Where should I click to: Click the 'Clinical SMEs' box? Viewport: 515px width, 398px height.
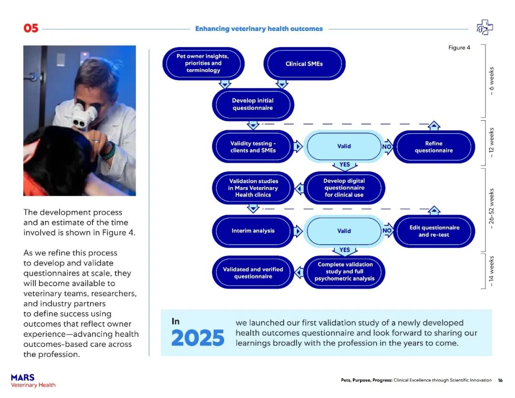[304, 63]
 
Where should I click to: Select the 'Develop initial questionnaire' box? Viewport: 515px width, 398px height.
[253, 105]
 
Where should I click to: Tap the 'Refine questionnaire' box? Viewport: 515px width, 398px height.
[433, 147]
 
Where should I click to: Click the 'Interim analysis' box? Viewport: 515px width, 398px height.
[253, 231]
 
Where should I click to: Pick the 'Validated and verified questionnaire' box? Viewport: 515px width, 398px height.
[253, 272]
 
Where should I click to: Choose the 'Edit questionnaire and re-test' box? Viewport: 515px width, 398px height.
[433, 231]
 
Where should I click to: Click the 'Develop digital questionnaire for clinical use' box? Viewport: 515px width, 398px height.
[344, 188]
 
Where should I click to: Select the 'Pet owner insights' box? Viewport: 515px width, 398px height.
[203, 63]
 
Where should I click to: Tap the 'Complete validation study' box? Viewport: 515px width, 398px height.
[344, 272]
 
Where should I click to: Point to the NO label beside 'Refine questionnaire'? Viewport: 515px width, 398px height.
[387, 147]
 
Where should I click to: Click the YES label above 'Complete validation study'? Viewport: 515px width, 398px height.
[344, 250]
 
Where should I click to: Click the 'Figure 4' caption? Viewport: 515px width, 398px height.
[459, 48]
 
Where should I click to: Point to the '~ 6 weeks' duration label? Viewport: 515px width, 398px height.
[492, 81]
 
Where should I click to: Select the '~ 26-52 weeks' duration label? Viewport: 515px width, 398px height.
[492, 209]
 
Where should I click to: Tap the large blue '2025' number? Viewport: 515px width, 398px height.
[197, 338]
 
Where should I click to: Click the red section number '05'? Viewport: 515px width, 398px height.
[31, 29]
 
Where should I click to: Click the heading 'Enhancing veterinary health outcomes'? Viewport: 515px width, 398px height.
[259, 29]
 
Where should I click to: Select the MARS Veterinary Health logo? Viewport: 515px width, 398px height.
[33, 381]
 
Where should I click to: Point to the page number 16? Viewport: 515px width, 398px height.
[500, 380]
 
